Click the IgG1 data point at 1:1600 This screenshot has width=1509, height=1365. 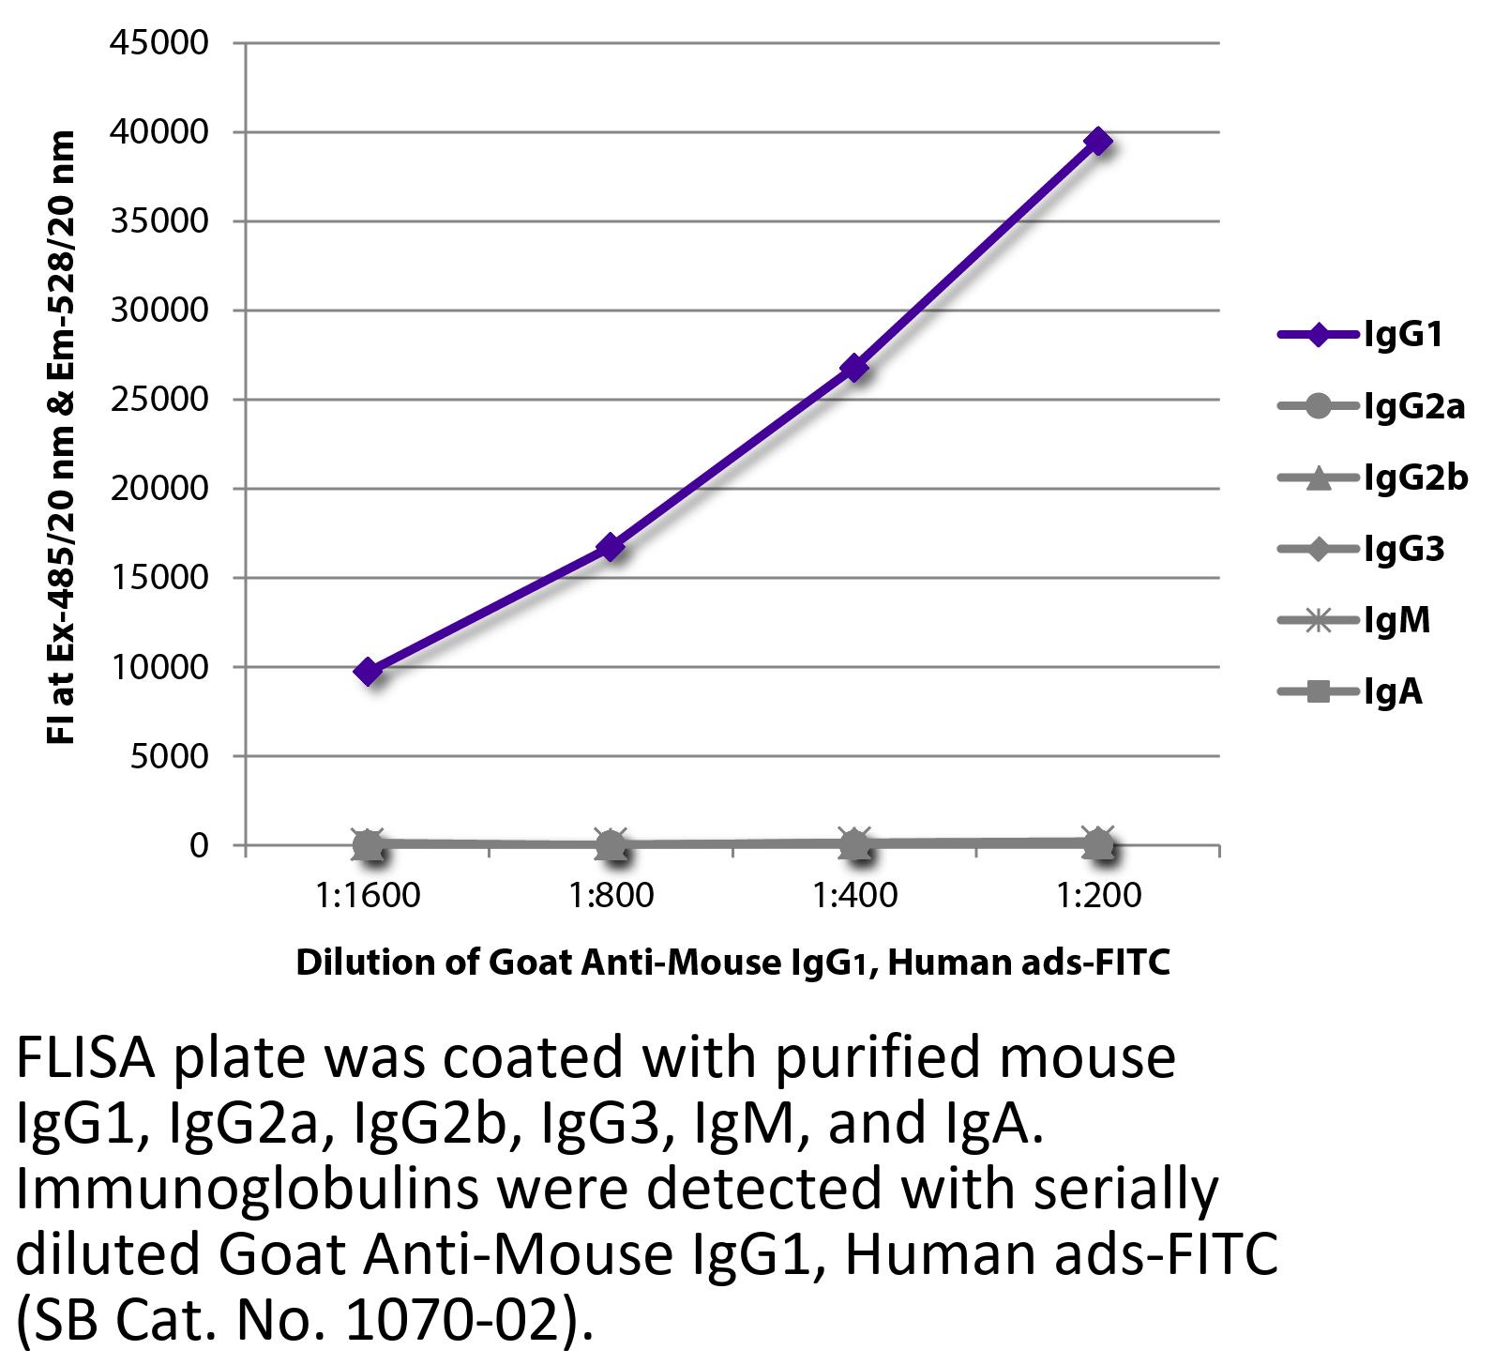368,672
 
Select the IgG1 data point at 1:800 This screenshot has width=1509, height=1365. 611,547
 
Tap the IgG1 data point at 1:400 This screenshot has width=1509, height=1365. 854,368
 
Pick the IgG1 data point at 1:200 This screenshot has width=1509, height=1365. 1098,142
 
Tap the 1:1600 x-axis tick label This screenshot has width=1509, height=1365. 369,895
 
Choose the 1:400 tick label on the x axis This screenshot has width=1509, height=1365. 855,895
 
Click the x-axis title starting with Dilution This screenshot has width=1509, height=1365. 732,963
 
